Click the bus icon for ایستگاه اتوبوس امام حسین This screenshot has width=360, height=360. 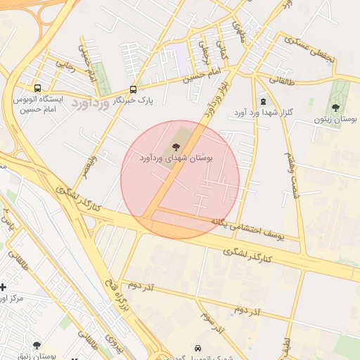pyautogui.click(x=37, y=89)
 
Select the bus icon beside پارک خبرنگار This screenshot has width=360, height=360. pyautogui.click(x=134, y=89)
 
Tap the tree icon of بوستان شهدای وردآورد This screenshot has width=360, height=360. pyautogui.click(x=176, y=146)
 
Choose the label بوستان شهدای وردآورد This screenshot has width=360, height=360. pyautogui.click(x=176, y=157)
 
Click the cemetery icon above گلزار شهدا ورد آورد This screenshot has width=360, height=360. pyautogui.click(x=263, y=101)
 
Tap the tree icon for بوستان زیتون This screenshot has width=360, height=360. pyautogui.click(x=335, y=108)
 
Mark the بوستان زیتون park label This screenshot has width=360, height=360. pyautogui.click(x=335, y=120)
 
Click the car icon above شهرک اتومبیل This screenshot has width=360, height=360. pyautogui.click(x=198, y=348)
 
